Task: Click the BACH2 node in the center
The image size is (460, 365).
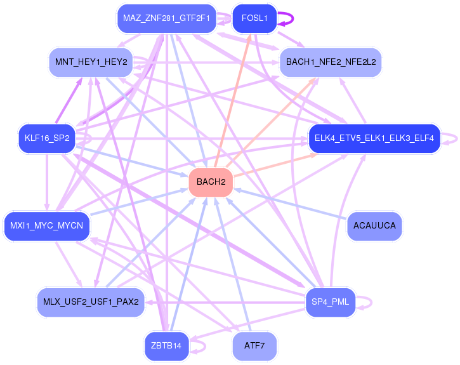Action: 211,183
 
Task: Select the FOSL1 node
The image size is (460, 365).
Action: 254,18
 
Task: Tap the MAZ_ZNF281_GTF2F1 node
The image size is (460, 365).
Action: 167,18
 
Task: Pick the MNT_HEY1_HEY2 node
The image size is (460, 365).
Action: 91,62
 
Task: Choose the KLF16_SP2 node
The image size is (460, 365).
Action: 47,138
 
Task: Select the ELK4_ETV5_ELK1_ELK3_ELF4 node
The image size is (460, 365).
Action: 374,138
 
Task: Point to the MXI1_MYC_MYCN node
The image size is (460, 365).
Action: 47,225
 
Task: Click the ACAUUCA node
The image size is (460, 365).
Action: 374,225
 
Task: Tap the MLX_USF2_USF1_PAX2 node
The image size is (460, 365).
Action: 91,301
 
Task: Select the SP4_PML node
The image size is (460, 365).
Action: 331,301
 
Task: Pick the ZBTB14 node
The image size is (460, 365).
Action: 167,346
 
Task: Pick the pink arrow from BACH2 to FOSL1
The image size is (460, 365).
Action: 233,102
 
